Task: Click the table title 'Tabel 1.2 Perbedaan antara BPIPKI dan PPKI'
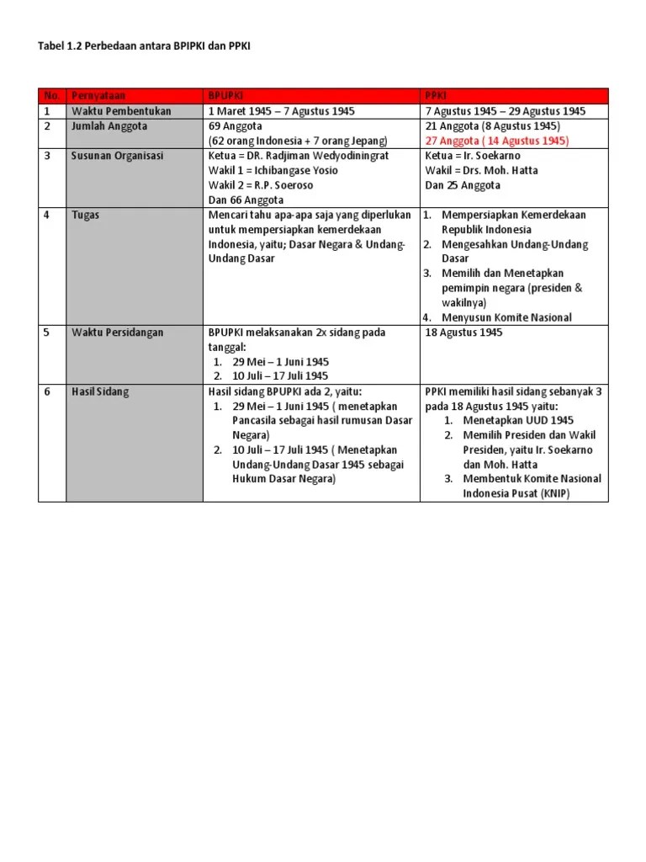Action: click(145, 47)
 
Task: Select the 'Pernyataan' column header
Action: click(98, 96)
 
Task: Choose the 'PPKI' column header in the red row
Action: click(437, 96)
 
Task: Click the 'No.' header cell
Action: click(51, 96)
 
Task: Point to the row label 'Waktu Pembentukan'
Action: click(121, 111)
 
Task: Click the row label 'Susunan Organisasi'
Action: click(118, 156)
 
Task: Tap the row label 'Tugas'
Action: click(86, 215)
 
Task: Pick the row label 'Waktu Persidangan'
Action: click(118, 333)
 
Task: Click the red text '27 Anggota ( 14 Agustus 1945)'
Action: click(497, 141)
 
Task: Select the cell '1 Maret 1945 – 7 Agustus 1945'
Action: click(282, 111)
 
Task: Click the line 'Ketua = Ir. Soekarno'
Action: click(473, 156)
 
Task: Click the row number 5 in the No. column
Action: click(48, 333)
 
